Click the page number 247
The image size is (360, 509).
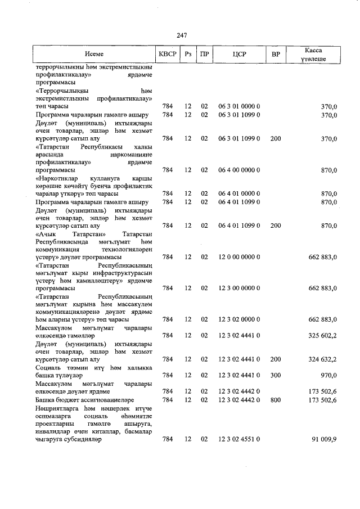coord(181,35)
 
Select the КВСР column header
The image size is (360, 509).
coord(168,55)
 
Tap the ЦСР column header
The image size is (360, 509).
coord(238,55)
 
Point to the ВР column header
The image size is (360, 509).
coord(276,55)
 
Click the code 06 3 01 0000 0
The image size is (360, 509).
coord(238,106)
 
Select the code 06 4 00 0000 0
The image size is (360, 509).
coord(238,170)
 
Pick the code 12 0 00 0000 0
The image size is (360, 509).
coord(238,257)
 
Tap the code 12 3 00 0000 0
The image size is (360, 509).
coord(238,289)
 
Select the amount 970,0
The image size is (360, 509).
coord(327,375)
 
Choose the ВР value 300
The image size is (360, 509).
coord(275,375)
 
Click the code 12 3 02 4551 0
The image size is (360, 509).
coord(238,439)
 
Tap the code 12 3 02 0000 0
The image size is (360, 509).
coord(238,320)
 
